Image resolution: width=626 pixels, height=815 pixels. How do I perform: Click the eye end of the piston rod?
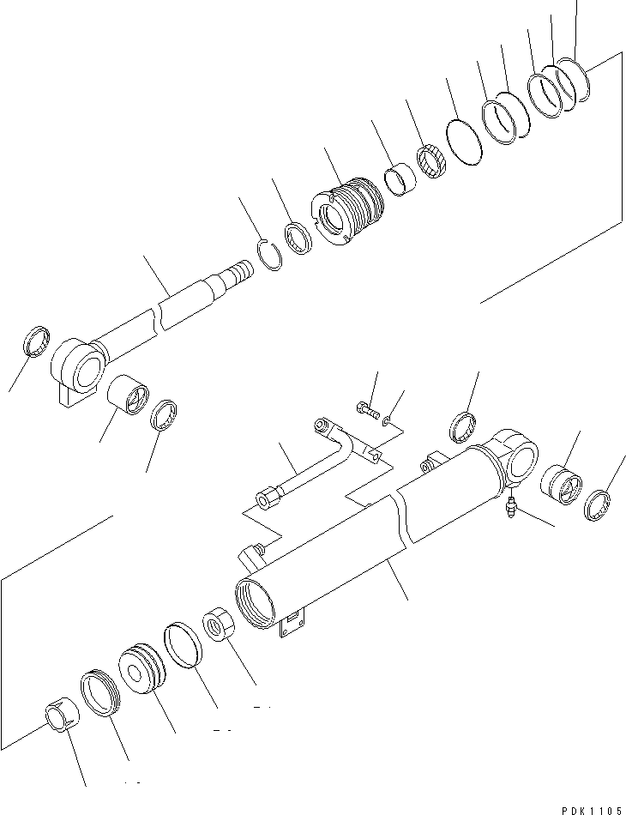pos(79,368)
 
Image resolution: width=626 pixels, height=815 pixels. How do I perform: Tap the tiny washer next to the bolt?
pos(390,420)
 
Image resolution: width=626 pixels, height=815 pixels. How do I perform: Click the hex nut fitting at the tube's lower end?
pos(266,498)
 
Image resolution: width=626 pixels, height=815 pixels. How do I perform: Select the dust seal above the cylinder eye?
pos(464,427)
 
